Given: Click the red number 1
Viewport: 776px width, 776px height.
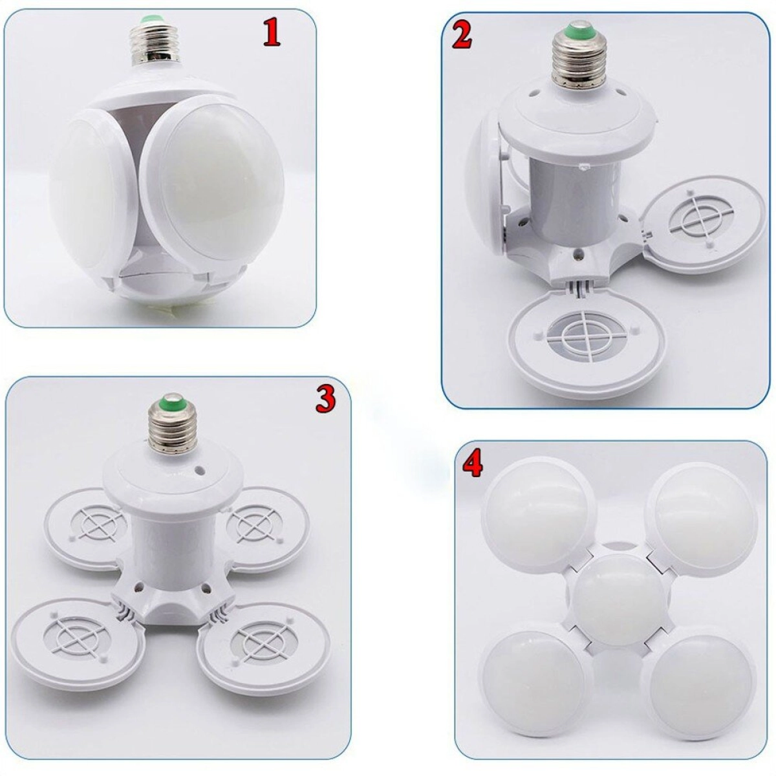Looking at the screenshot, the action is pyautogui.click(x=272, y=34).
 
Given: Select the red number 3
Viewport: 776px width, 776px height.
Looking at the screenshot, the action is pyautogui.click(x=325, y=400).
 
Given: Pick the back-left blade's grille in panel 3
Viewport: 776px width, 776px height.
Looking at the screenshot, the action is pyautogui.click(x=98, y=524).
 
